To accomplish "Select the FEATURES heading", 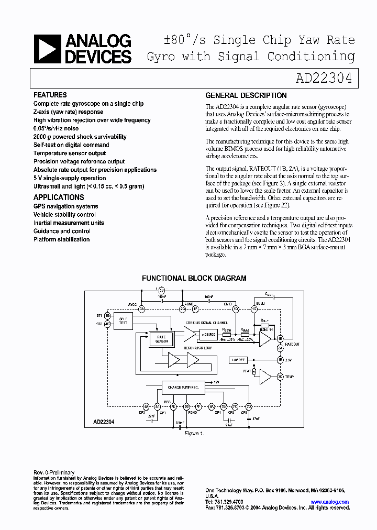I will (50, 95).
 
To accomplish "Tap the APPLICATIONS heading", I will (59, 197).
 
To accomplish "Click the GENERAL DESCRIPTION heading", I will (246, 95).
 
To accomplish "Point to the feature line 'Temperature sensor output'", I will (70, 153).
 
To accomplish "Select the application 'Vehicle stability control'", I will (64, 215).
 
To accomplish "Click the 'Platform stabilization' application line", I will (61, 239).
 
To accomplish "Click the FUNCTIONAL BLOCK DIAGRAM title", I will (194, 279).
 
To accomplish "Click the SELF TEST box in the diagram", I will (123, 321).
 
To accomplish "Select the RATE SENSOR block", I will (161, 339).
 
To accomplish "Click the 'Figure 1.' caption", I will (194, 434).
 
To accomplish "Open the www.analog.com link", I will (329, 502).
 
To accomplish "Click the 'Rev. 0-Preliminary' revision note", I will (54, 472).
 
